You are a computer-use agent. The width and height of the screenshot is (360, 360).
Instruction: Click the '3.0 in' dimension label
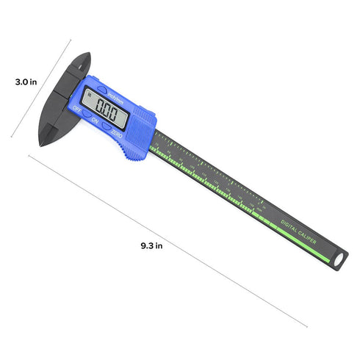coord(26,83)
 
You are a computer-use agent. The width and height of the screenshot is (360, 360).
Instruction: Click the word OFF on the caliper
coord(78,111)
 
